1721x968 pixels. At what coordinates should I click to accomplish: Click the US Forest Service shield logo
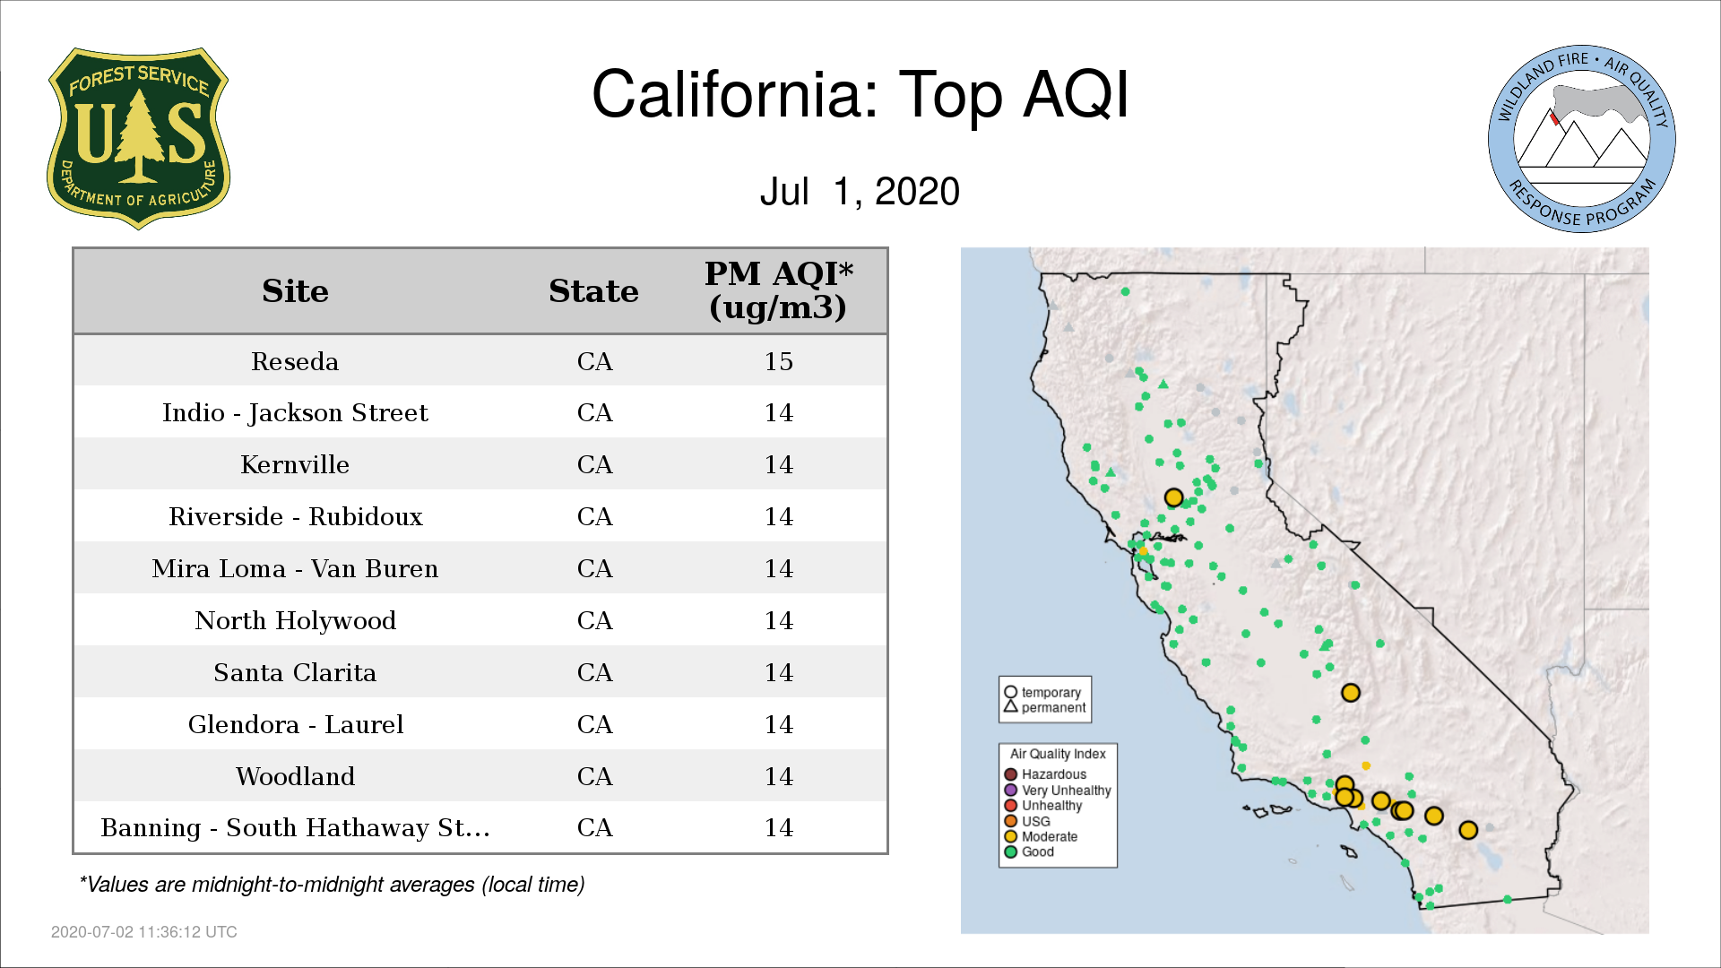138,139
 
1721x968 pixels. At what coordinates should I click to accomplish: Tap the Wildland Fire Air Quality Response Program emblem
1582,139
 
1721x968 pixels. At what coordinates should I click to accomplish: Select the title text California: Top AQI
860,94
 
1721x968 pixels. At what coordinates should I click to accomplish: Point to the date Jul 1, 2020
860,192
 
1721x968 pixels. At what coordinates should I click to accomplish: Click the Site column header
295,291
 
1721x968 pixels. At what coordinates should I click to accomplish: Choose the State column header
593,291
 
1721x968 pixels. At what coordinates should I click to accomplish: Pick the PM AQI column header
778,290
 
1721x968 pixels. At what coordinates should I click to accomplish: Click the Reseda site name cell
295,361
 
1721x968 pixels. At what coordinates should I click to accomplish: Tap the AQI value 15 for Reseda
778,361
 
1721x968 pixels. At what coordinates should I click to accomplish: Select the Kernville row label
295,464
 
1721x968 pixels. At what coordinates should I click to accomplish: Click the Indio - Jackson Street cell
295,413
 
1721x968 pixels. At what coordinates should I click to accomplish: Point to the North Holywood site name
295,620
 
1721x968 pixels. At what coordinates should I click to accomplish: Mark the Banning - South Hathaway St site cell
295,827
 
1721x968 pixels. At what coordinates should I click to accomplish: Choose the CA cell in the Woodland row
594,776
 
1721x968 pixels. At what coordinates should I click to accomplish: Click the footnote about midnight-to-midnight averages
332,885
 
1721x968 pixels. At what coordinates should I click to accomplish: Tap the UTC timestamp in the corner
143,932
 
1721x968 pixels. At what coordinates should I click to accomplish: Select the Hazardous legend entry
1045,774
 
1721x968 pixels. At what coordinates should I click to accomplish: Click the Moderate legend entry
1041,836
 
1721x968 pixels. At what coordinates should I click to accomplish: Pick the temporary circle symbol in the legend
1010,692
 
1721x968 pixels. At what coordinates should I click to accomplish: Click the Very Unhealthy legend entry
1058,790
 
